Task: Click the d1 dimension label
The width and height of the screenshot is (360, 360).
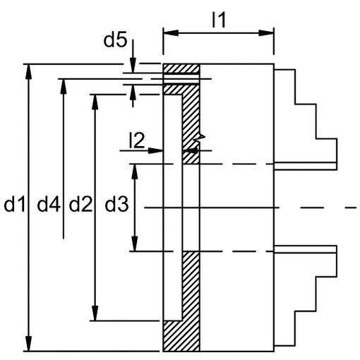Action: click(x=15, y=204)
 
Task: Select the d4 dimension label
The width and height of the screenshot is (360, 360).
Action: click(x=49, y=204)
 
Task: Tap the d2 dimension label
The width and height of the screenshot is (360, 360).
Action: click(x=80, y=204)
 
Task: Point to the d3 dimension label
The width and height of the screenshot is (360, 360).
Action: click(x=116, y=204)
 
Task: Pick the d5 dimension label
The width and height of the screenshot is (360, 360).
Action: click(x=115, y=39)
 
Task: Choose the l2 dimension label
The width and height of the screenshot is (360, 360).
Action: click(x=137, y=140)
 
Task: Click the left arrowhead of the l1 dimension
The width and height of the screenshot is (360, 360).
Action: click(x=171, y=33)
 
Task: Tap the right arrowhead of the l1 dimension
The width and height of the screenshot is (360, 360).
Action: click(x=266, y=33)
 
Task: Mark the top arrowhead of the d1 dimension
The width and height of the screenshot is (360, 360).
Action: click(x=28, y=71)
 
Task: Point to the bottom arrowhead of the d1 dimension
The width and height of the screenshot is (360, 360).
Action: click(x=28, y=344)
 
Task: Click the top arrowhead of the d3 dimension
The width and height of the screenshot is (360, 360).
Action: click(x=135, y=172)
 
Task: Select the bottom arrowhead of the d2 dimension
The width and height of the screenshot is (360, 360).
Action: click(x=95, y=313)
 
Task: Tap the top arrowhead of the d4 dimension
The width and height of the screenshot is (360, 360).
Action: click(x=64, y=86)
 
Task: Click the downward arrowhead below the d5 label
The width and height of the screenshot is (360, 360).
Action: click(x=133, y=66)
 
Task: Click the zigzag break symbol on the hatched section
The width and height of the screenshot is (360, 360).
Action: click(x=199, y=139)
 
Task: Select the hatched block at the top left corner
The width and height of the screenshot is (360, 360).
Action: click(x=181, y=68)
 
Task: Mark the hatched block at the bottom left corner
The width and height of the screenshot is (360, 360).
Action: click(x=181, y=336)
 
